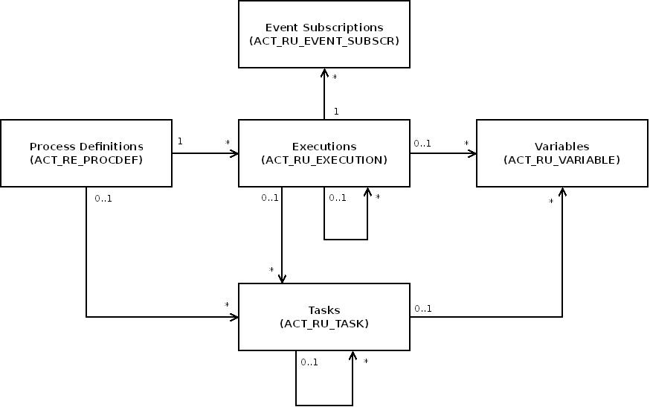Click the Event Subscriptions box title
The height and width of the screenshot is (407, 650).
(324, 28)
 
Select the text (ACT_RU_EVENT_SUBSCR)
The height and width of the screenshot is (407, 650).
(324, 41)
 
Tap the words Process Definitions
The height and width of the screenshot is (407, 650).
(86, 147)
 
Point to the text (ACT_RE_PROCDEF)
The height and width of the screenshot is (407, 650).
(86, 160)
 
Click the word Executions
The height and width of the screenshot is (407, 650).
(324, 147)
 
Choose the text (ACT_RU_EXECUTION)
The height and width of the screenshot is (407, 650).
(324, 160)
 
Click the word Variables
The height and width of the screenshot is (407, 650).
(562, 147)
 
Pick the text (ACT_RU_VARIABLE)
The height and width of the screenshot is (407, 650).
(562, 160)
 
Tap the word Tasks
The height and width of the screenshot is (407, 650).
(324, 310)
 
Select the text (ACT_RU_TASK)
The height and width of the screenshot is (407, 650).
(324, 323)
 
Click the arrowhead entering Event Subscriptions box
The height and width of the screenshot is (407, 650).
(324, 73)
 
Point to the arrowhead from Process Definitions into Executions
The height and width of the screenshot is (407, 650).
(234, 153)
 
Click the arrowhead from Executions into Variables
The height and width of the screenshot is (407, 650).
(472, 153)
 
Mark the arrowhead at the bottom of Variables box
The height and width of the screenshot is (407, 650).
(562, 192)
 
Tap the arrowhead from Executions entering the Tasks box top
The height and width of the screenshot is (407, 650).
(282, 279)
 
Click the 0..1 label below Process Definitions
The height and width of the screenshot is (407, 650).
(103, 199)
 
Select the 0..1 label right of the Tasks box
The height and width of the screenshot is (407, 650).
(423, 308)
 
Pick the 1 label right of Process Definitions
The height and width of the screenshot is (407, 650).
(180, 141)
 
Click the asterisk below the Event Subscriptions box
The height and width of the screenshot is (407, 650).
(335, 77)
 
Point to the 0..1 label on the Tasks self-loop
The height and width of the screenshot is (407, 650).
(309, 362)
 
